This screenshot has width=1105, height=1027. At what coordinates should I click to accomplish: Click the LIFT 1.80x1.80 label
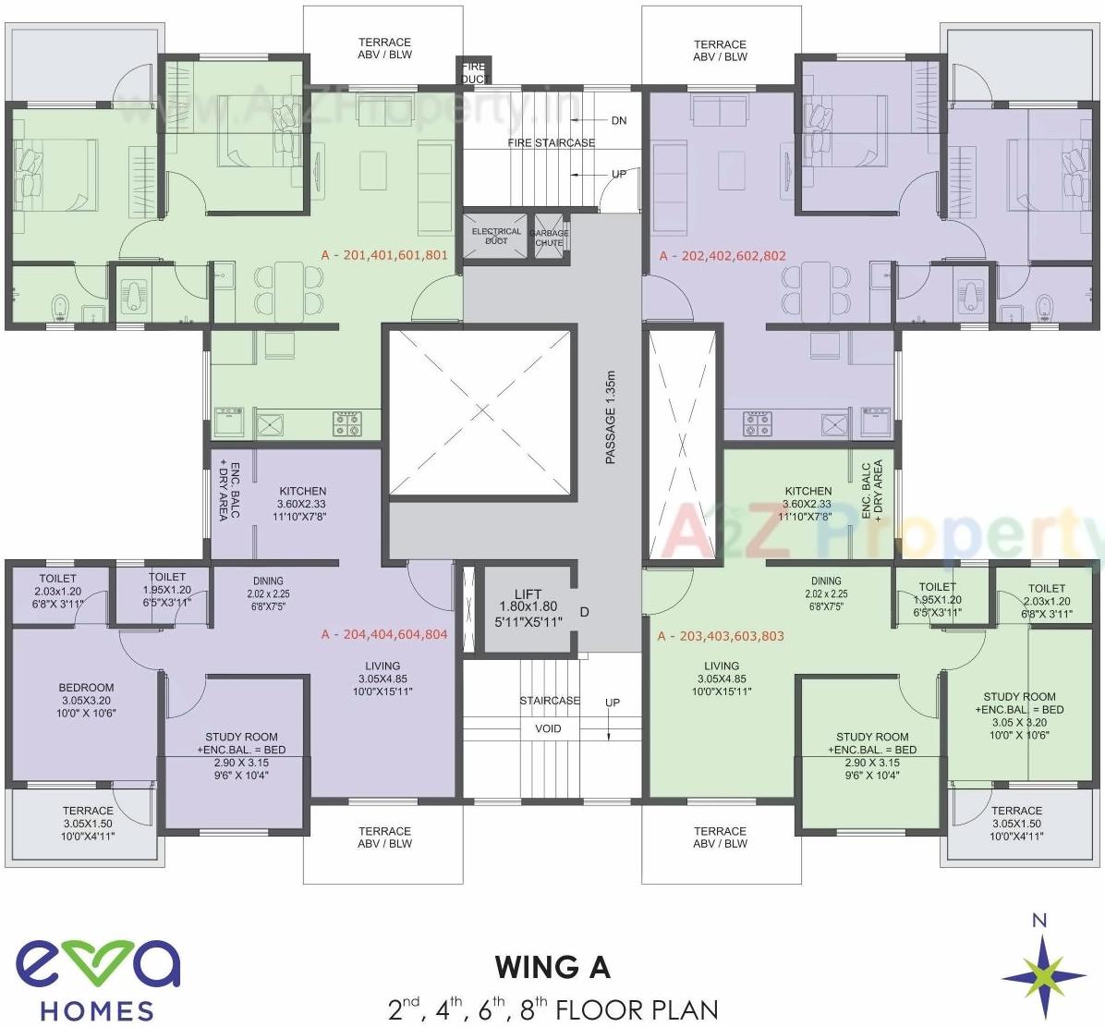point(528,607)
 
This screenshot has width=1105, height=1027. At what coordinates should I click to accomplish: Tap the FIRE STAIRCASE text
point(551,142)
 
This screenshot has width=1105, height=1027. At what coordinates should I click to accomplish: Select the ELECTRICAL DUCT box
point(496,236)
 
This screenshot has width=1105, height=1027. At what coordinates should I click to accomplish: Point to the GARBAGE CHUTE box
point(549,238)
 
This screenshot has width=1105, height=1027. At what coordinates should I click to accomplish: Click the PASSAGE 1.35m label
point(610,417)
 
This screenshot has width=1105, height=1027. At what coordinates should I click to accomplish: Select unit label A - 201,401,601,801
point(383,255)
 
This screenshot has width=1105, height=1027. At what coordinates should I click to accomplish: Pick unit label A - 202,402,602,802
point(722,256)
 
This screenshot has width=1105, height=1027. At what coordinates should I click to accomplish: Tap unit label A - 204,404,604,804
point(383,634)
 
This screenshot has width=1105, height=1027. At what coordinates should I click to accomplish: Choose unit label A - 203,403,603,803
point(721,636)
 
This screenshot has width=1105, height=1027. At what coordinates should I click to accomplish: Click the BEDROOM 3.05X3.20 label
point(86,700)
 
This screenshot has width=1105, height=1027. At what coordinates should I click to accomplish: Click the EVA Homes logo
point(97,979)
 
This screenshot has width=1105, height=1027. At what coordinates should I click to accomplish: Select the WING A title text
point(552,967)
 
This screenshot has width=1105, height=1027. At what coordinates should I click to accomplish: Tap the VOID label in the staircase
point(548,728)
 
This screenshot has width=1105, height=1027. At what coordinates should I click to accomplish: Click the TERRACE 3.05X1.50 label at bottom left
point(88,823)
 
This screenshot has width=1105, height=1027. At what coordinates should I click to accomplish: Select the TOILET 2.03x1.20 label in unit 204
point(58,592)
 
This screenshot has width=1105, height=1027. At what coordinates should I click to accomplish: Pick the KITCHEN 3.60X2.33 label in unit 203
point(807,504)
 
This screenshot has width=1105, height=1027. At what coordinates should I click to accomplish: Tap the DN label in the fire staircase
point(618,120)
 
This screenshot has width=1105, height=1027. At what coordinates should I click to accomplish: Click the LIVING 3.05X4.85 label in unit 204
point(382,679)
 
